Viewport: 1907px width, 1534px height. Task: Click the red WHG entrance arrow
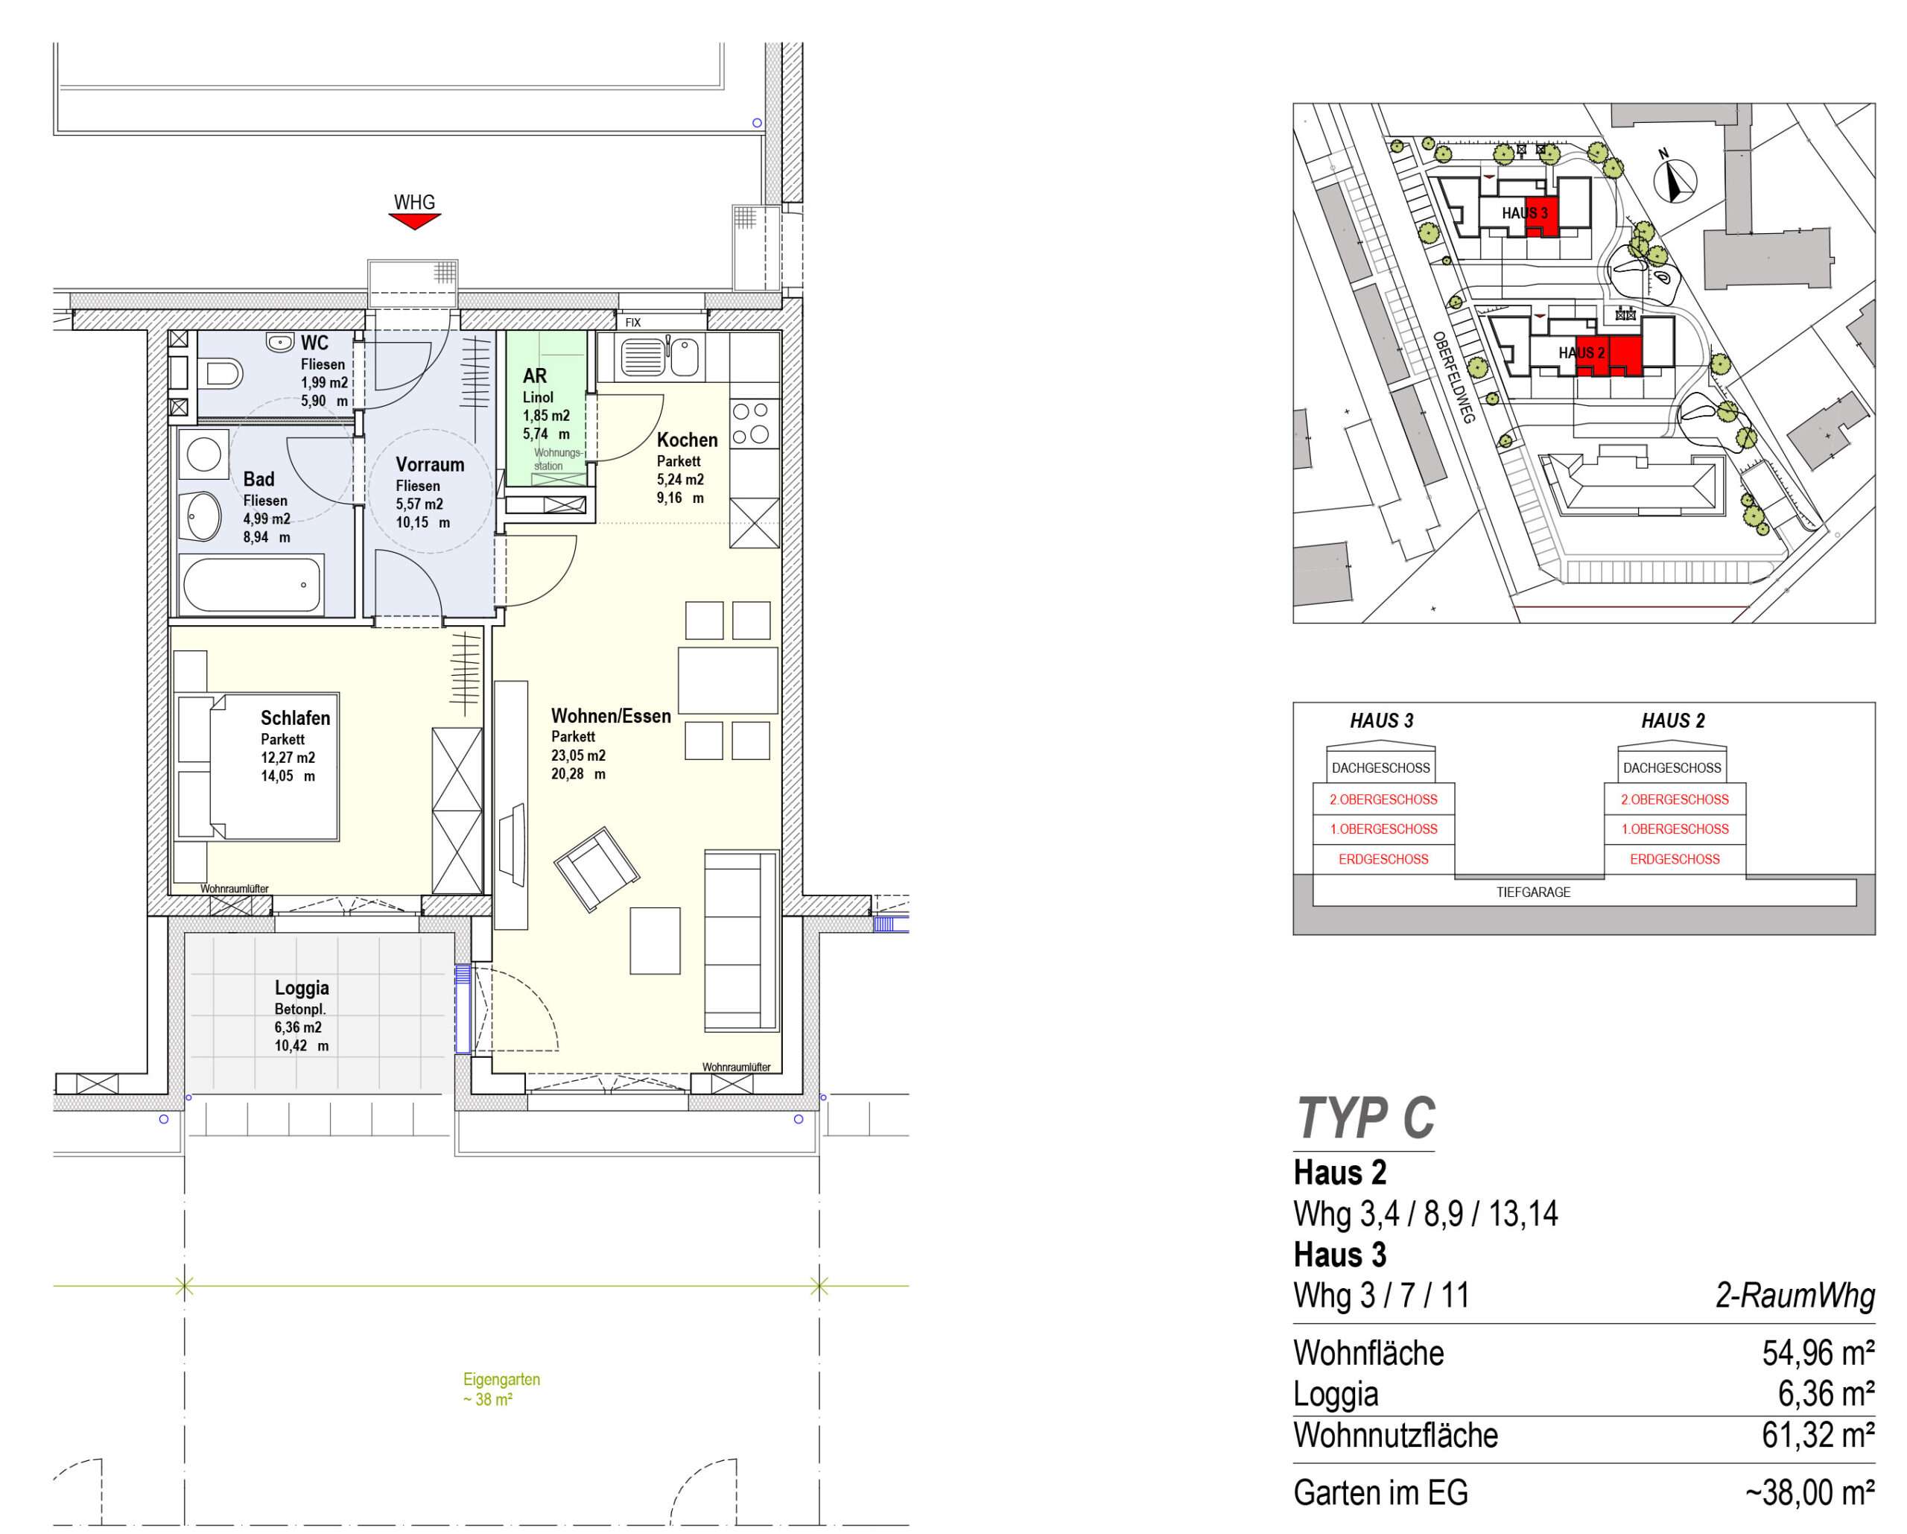[415, 221]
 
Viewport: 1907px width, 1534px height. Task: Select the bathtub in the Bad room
[251, 584]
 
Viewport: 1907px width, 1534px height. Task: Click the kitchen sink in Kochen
[660, 358]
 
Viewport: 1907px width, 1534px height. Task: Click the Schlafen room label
[296, 718]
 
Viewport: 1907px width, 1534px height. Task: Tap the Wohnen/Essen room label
[611, 716]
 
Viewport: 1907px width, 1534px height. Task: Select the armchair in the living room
[596, 869]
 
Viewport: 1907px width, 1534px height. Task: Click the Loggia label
[302, 987]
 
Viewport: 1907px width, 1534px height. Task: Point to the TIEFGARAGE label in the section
[1534, 893]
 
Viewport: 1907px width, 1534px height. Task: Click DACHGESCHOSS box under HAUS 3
[1381, 768]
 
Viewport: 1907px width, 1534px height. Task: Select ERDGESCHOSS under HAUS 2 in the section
[1675, 859]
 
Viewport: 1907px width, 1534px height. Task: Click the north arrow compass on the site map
[1675, 181]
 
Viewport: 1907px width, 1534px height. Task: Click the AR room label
[534, 376]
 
